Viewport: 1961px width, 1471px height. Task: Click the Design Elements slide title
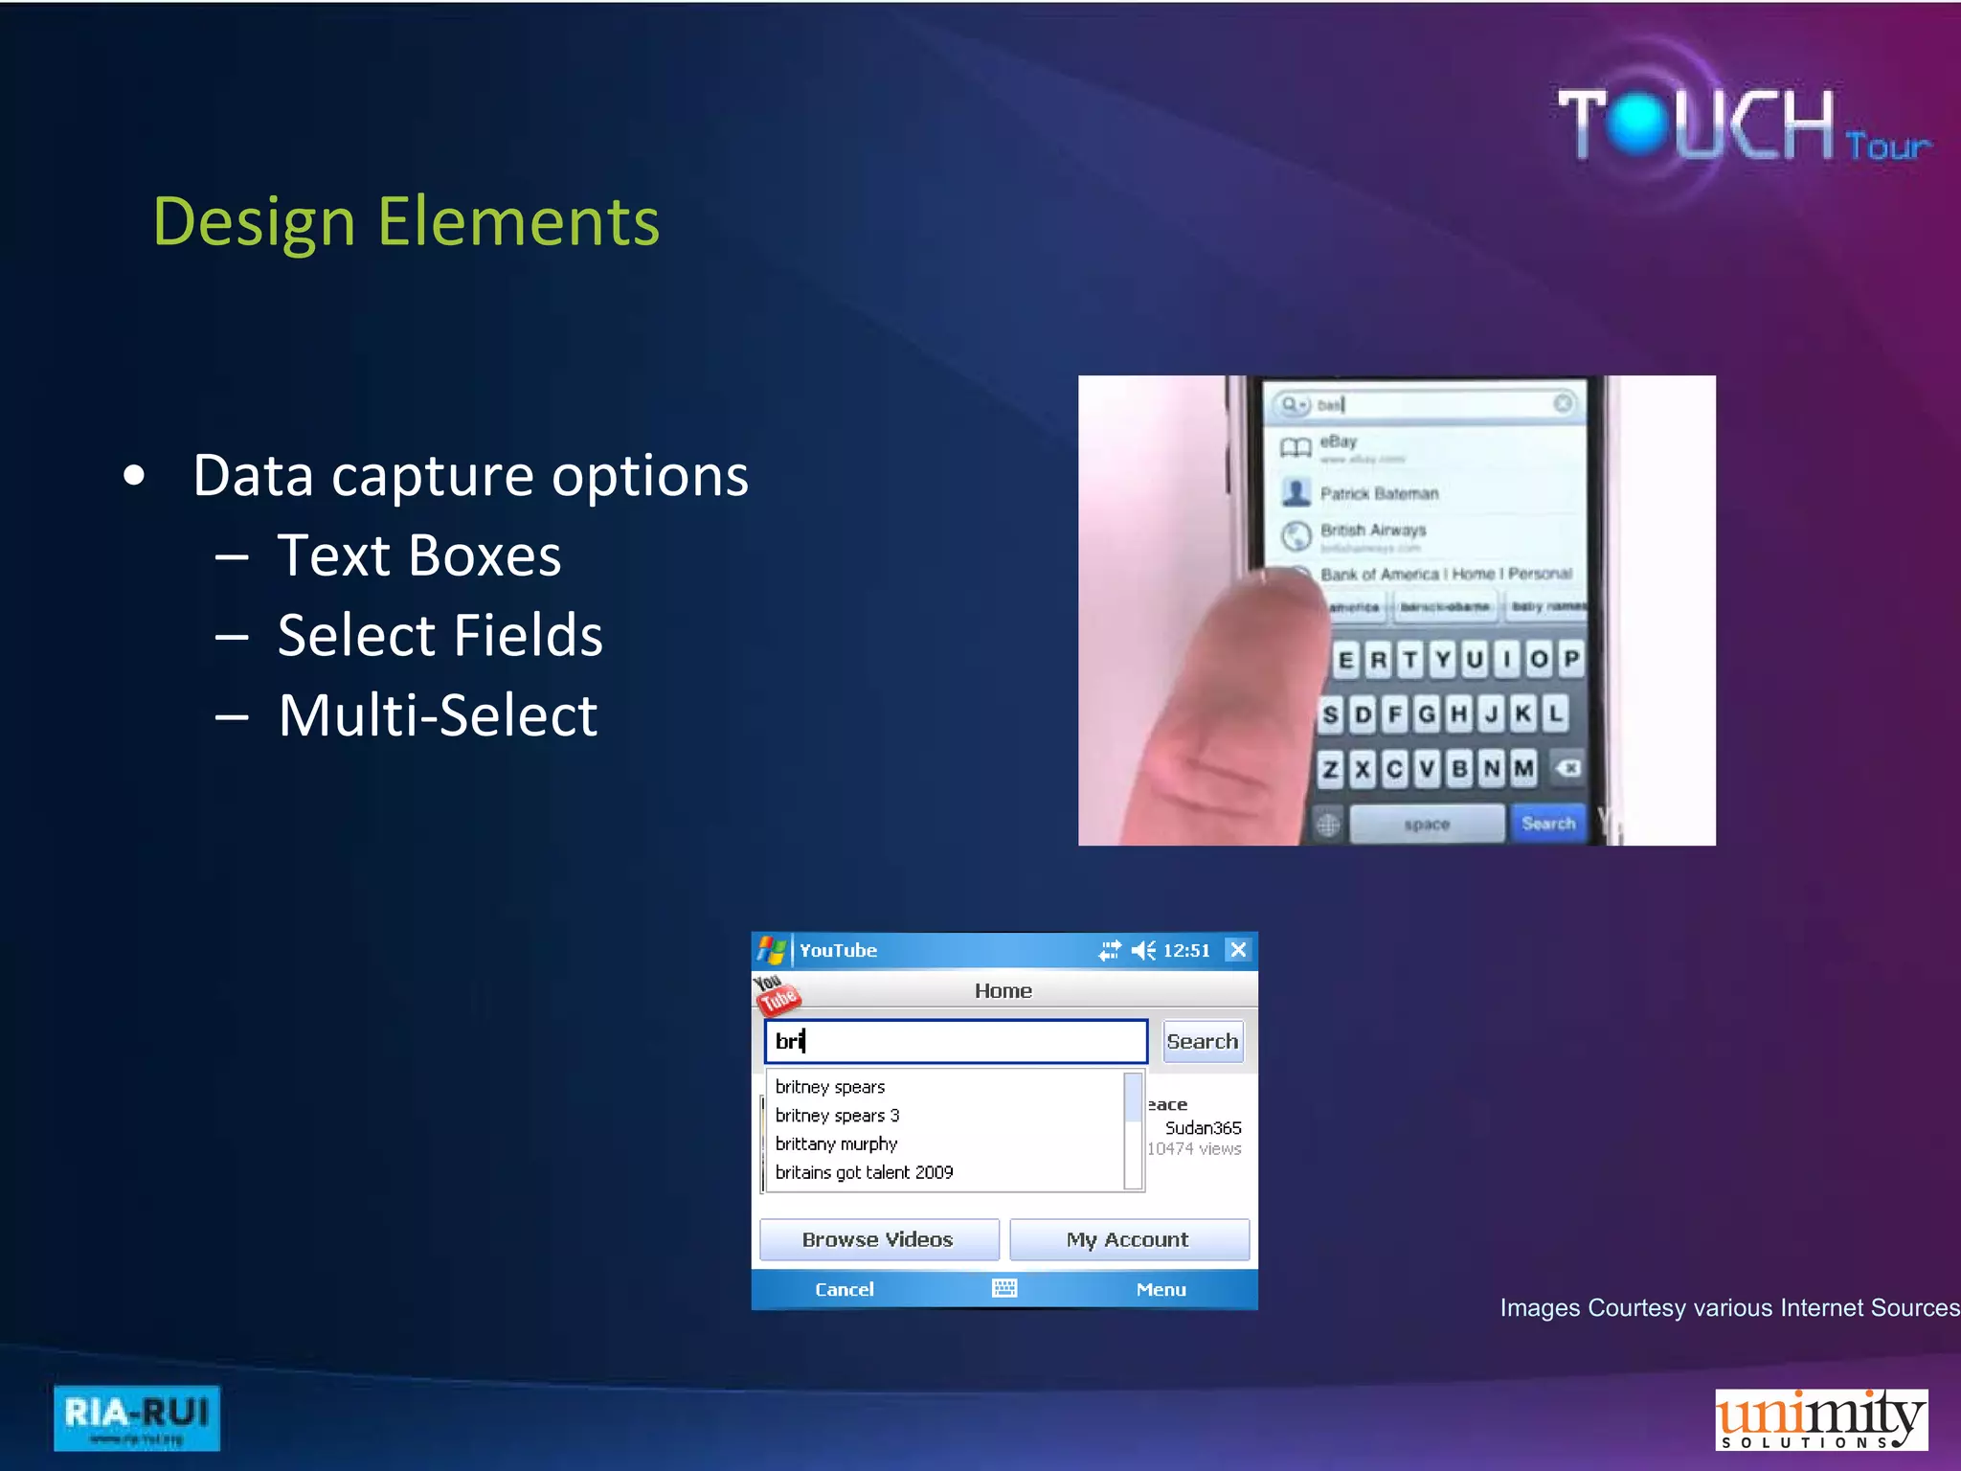pos(406,222)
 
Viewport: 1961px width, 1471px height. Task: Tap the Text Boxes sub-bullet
pos(418,555)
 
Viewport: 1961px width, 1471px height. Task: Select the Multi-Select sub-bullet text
pos(438,715)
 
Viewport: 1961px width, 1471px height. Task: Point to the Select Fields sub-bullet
pos(440,636)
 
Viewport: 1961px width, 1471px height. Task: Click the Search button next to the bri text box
pos(1203,1041)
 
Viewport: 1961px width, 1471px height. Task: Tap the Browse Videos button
pos(878,1239)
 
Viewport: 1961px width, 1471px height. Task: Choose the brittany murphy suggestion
pos(836,1143)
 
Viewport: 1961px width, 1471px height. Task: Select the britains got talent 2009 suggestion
pos(864,1172)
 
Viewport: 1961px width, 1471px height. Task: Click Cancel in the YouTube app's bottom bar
pos(844,1289)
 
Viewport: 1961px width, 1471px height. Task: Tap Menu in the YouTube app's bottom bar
pos(1161,1289)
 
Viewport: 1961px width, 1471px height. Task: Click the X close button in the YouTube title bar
pos(1238,949)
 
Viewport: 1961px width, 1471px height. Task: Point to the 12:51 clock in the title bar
pos(1186,950)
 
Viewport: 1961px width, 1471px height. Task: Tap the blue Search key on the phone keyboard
pos(1547,824)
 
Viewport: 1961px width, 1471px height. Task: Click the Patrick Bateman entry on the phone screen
pos(1379,493)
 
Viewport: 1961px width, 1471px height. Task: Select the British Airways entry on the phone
pos(1373,531)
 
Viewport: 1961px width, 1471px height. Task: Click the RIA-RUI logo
pos(137,1417)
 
